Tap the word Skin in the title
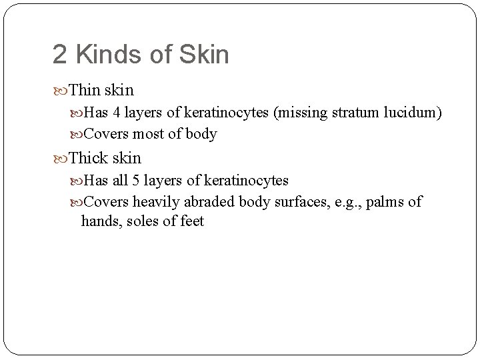point(205,55)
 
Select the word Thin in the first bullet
point(84,90)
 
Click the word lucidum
point(408,113)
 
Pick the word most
point(146,135)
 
